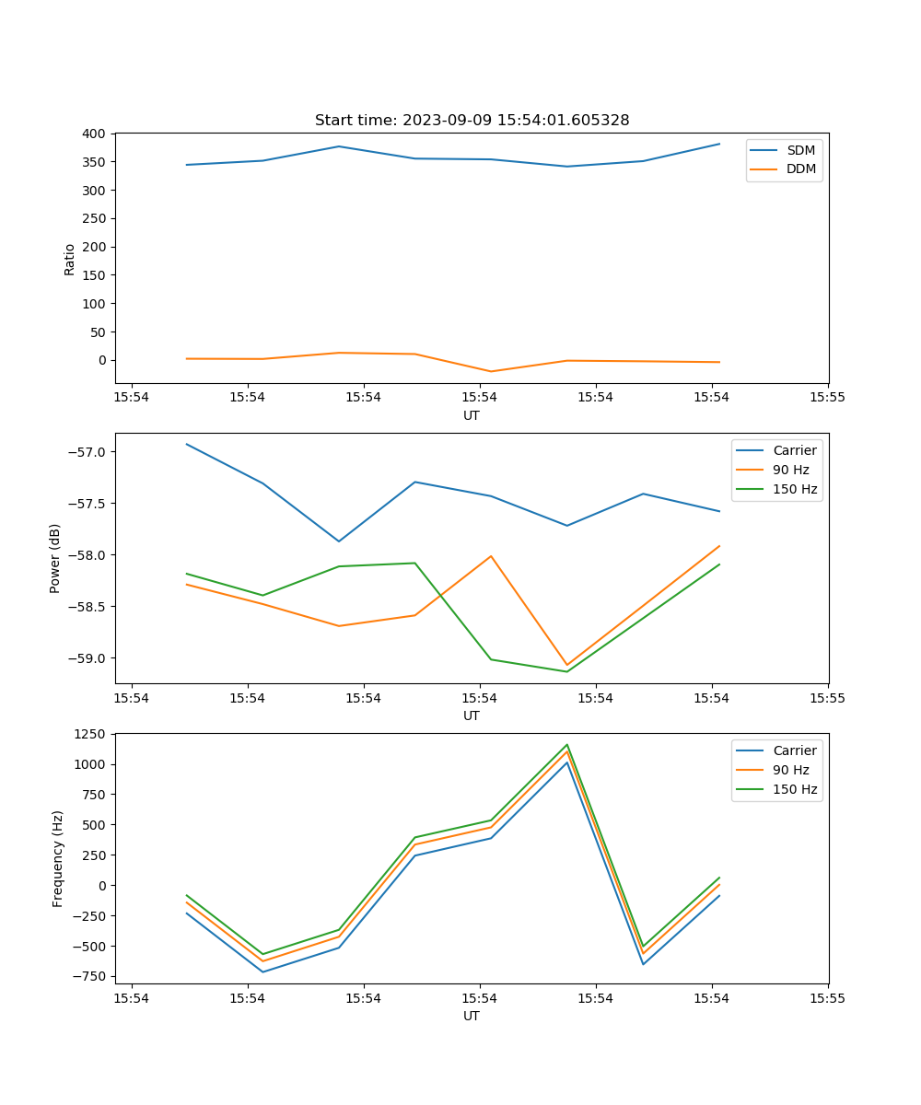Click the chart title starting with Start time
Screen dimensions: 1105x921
pos(472,121)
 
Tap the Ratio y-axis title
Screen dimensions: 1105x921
pos(70,259)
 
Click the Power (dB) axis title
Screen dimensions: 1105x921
pos(55,558)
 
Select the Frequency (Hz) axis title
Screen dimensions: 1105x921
pos(57,858)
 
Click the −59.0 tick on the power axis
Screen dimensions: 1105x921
pos(87,658)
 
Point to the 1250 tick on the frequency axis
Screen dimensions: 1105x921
pos(91,734)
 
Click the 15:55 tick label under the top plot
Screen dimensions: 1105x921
pos(827,398)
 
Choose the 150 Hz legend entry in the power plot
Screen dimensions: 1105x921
pos(795,490)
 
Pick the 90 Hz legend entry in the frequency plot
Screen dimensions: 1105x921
pos(791,770)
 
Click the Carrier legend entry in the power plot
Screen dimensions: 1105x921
pos(794,450)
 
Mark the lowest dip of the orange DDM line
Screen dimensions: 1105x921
pos(491,372)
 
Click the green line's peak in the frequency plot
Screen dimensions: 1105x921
pos(567,744)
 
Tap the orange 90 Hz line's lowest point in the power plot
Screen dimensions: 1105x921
pos(567,665)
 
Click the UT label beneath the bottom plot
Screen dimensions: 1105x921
pos(472,1017)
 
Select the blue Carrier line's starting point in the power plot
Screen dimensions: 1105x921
pos(187,444)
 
